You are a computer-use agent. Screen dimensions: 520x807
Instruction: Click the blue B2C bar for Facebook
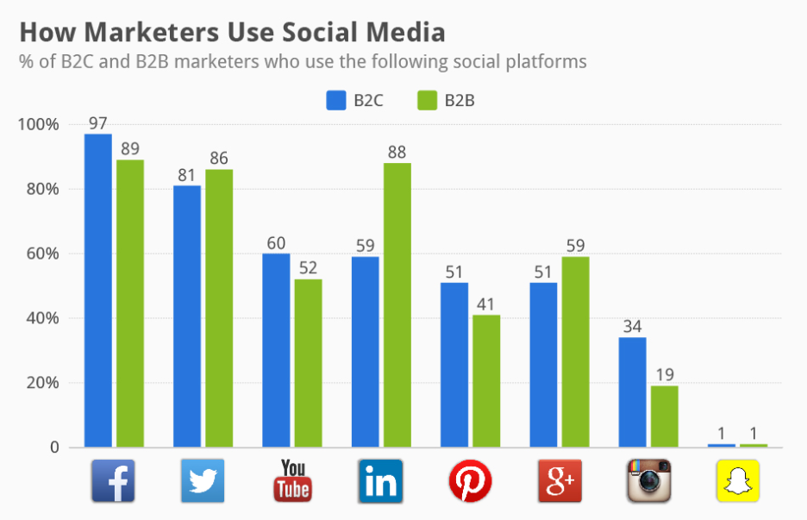(x=98, y=291)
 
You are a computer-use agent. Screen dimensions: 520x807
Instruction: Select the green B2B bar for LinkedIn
(x=397, y=305)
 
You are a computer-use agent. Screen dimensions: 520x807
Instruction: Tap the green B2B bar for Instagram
(x=664, y=417)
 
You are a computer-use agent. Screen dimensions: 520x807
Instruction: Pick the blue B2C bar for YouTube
(x=276, y=350)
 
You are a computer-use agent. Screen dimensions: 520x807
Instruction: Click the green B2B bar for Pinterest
(x=486, y=381)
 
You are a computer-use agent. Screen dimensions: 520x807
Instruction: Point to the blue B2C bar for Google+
(x=543, y=365)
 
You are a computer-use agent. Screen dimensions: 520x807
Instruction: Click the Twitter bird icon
(x=203, y=480)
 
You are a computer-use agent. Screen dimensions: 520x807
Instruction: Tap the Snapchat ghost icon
(x=738, y=480)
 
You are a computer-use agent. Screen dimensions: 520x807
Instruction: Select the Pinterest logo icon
(x=470, y=480)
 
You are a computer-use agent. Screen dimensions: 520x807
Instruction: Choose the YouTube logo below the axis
(x=292, y=480)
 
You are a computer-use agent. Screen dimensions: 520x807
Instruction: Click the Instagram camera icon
(x=648, y=480)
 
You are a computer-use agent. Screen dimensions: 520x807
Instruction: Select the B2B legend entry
(x=446, y=101)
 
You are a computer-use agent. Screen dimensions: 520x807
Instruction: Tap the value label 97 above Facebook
(x=98, y=123)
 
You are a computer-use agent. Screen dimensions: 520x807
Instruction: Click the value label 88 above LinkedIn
(x=397, y=152)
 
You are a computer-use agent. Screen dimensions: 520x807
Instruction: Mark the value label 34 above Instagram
(x=632, y=327)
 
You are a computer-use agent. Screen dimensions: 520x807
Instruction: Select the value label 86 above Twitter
(x=219, y=159)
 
